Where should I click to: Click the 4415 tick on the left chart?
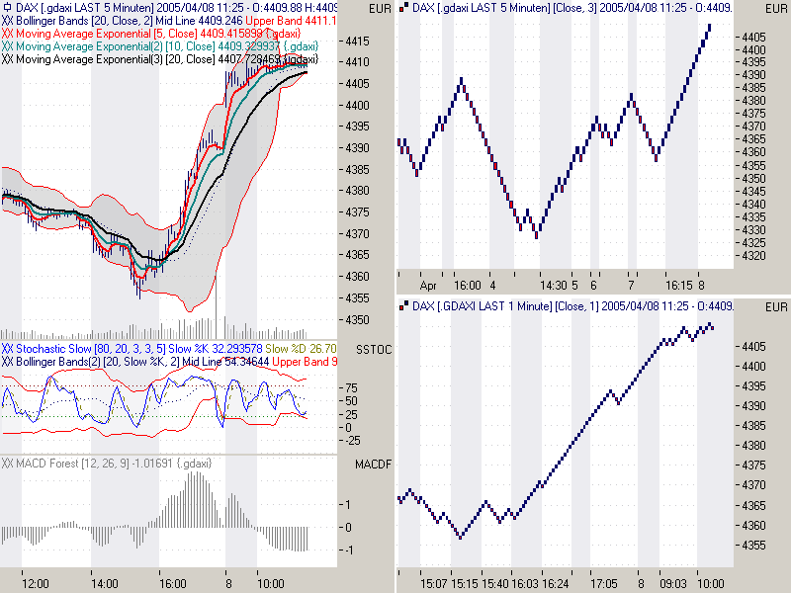(357, 42)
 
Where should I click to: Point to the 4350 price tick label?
(357, 320)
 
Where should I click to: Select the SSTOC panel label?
(373, 350)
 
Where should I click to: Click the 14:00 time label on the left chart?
(106, 585)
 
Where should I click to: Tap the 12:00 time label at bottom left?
(36, 585)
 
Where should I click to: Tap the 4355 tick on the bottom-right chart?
(753, 545)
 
